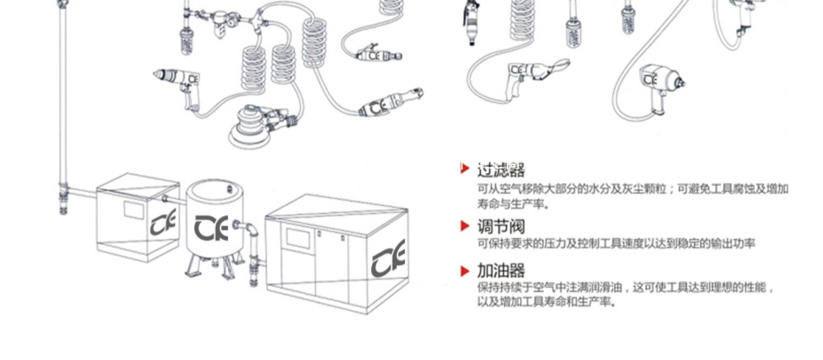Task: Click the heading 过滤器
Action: point(500,170)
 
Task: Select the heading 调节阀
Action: point(500,226)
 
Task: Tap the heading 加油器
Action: point(500,271)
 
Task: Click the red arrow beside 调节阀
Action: point(465,226)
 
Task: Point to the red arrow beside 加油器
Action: point(465,271)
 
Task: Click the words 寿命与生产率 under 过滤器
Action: point(512,204)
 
